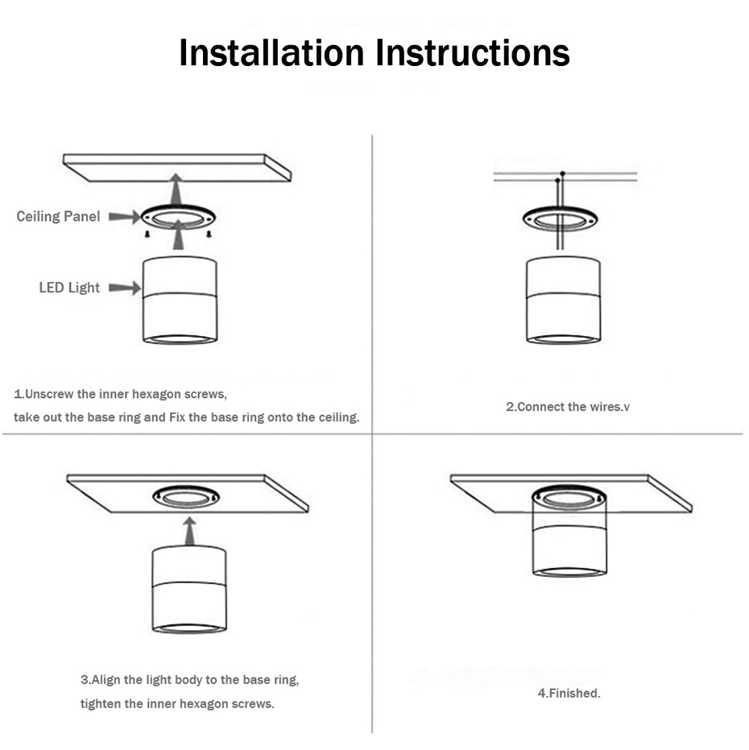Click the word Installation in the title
click(272, 53)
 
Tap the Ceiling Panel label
click(58, 216)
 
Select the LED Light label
click(69, 288)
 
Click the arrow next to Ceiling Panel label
click(124, 216)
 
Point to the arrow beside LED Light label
click(124, 288)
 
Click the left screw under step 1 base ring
click(147, 234)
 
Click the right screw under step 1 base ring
click(209, 234)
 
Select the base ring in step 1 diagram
click(178, 217)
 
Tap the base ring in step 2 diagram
click(560, 218)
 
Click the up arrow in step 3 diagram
click(189, 531)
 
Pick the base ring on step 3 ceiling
click(186, 495)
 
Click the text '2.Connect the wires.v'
click(567, 407)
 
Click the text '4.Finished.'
click(569, 693)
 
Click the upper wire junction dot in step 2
click(563, 173)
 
